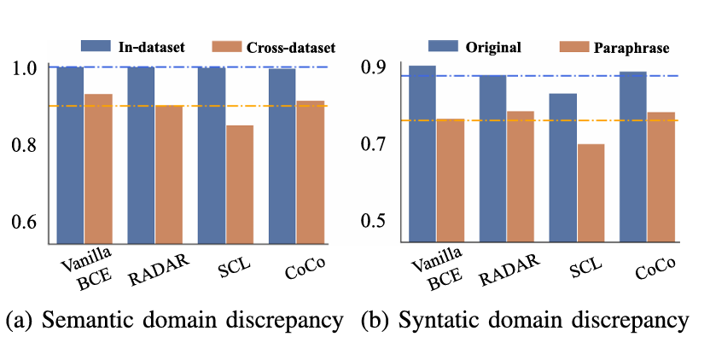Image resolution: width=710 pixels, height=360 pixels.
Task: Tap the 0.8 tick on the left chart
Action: click(26, 145)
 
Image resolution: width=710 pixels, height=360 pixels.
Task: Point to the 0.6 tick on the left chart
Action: click(26, 223)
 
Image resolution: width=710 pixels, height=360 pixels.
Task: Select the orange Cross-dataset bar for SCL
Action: click(240, 183)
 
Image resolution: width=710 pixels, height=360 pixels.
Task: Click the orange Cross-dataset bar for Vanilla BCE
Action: click(98, 168)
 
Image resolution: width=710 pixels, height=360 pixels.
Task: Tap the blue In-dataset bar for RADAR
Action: click(142, 154)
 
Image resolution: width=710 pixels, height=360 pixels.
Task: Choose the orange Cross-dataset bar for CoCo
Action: click(310, 171)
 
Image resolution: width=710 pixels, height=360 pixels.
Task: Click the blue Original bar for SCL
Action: click(562, 166)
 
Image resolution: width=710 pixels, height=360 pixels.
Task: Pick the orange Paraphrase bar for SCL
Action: click(591, 192)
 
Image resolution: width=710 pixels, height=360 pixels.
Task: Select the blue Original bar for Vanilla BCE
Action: click(422, 154)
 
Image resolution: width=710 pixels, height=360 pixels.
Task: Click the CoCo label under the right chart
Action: click(655, 268)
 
